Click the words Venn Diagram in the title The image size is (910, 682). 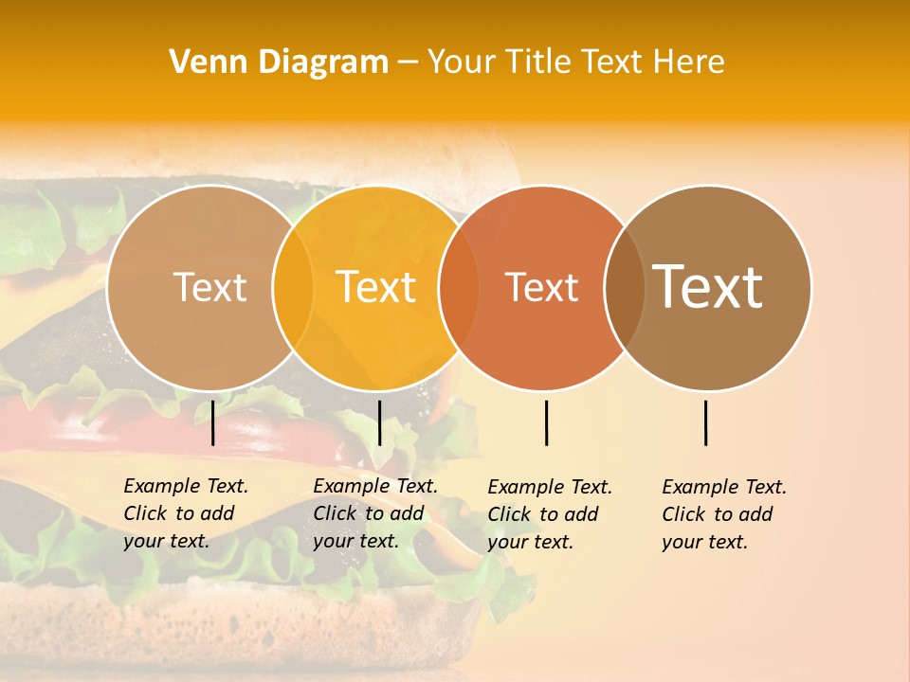coord(279,62)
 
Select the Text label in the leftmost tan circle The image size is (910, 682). coord(210,287)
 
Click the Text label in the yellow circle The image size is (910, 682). coord(376,287)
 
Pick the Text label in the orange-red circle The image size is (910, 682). coord(542,287)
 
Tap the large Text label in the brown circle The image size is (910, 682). coord(708,287)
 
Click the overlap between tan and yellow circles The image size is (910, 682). coord(293,287)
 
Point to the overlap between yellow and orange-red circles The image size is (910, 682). coord(459,287)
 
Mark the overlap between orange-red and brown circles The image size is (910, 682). coord(625,287)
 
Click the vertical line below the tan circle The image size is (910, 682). coord(212,422)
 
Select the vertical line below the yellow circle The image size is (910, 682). coord(379,422)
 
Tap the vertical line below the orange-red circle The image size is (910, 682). coord(546,422)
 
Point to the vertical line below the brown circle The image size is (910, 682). coord(705,422)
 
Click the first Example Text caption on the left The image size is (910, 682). coord(185,513)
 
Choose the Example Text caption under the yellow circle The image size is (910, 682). coord(374,513)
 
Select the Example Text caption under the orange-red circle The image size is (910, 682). coord(549,514)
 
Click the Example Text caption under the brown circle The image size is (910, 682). coord(723,514)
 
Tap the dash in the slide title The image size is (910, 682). coord(408,63)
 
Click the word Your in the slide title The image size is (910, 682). coord(461,62)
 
